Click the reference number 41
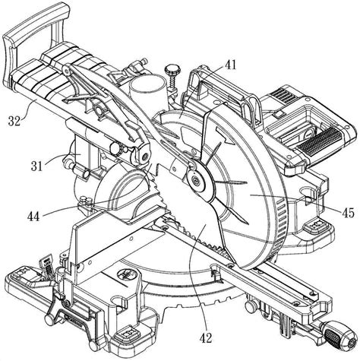coord(230,65)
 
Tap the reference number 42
coord(206,337)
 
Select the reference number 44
coord(33,217)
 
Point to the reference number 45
coord(348,213)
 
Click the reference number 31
coord(37,166)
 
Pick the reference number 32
coord(14,121)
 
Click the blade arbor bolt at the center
coord(196,180)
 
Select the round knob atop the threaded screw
coord(172,68)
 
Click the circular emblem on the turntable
coord(128,275)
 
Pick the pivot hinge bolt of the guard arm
coord(145,157)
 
